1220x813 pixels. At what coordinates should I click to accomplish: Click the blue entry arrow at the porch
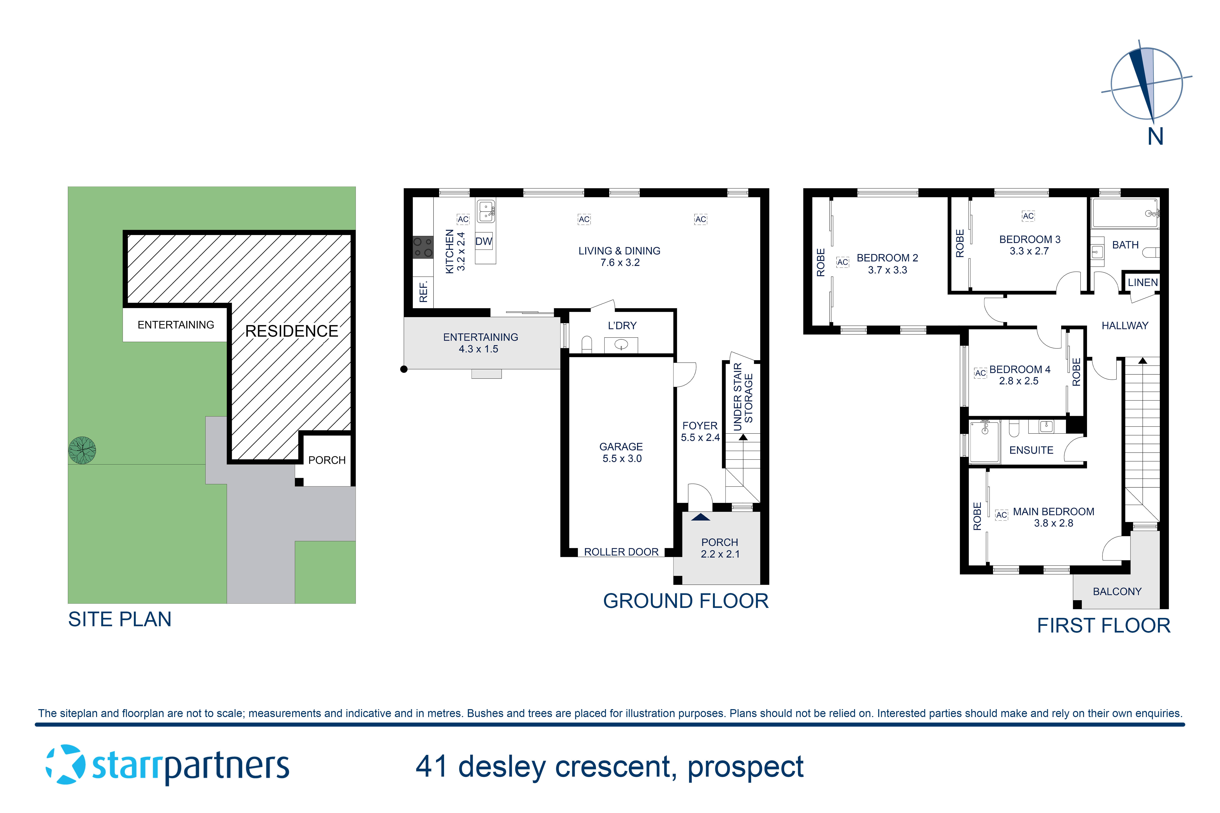pyautogui.click(x=700, y=517)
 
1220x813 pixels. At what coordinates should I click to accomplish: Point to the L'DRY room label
pyautogui.click(x=622, y=326)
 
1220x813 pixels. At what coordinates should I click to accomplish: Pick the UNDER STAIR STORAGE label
pyautogui.click(x=743, y=397)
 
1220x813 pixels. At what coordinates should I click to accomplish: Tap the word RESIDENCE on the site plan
pyautogui.click(x=292, y=331)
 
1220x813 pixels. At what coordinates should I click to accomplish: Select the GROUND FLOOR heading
pyautogui.click(x=685, y=601)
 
